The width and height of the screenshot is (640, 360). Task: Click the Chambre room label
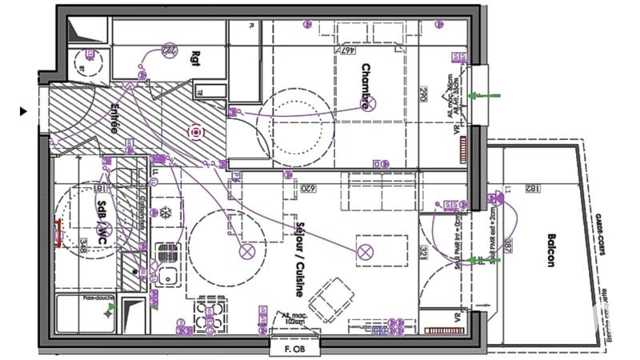(366, 86)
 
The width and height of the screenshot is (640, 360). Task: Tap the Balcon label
(551, 251)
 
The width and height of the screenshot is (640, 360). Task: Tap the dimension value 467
(346, 50)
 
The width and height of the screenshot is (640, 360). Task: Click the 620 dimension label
(306, 189)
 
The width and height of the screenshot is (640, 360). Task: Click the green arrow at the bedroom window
(483, 95)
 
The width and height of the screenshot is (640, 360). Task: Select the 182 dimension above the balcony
(530, 189)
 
